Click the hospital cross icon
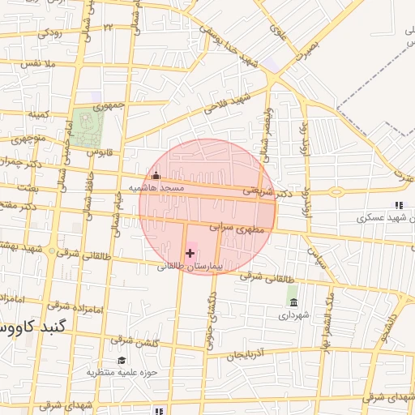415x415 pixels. [190, 253]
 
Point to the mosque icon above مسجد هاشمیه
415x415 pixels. [156, 175]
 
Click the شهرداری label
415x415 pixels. [294, 315]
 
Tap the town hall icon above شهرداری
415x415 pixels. [293, 302]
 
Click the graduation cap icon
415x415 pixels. [122, 360]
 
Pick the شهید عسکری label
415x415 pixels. [385, 218]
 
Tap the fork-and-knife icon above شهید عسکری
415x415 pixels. [398, 206]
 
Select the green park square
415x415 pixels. [86, 128]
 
